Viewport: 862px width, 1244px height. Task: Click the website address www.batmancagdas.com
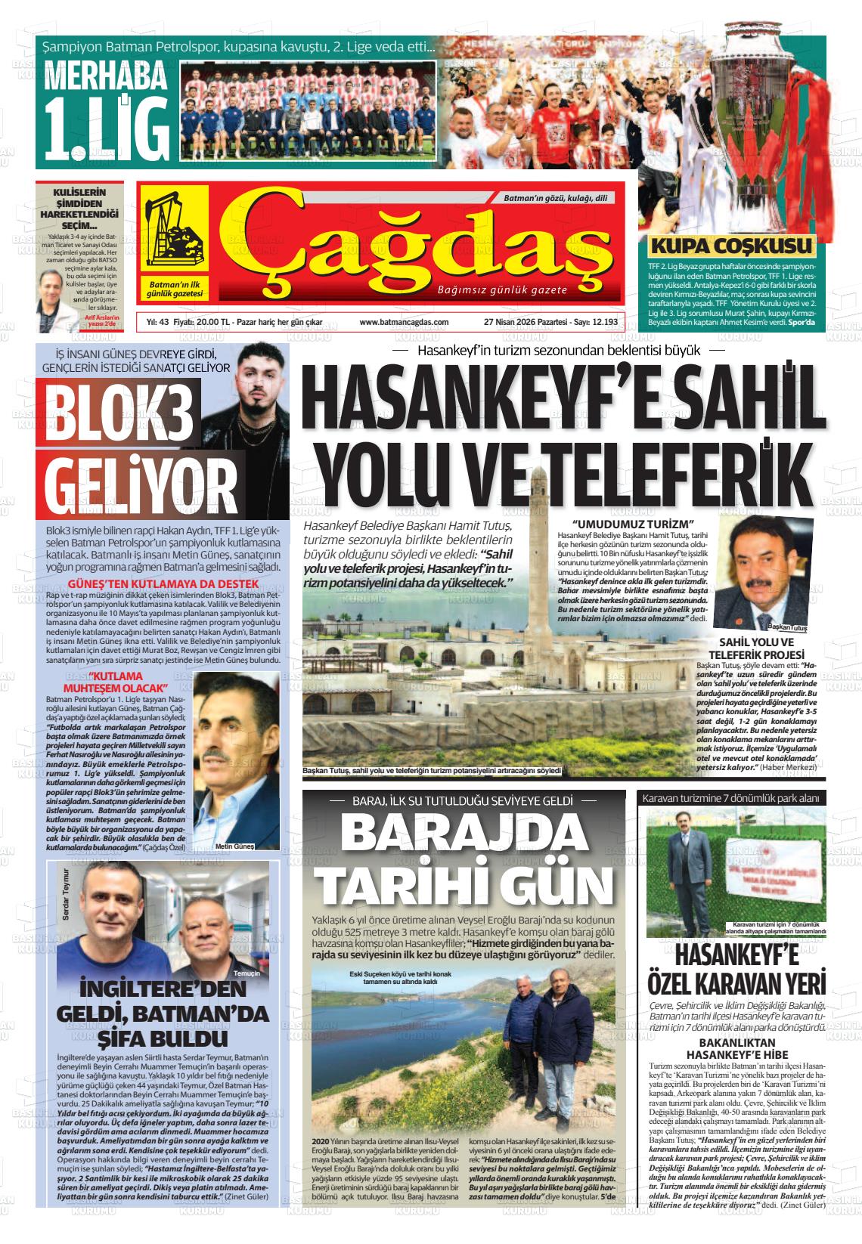tap(404, 322)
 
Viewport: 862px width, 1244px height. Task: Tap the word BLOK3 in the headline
tap(120, 413)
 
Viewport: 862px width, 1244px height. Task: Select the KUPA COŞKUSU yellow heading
tap(731, 246)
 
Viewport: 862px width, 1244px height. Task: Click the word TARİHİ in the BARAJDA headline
tap(392, 883)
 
